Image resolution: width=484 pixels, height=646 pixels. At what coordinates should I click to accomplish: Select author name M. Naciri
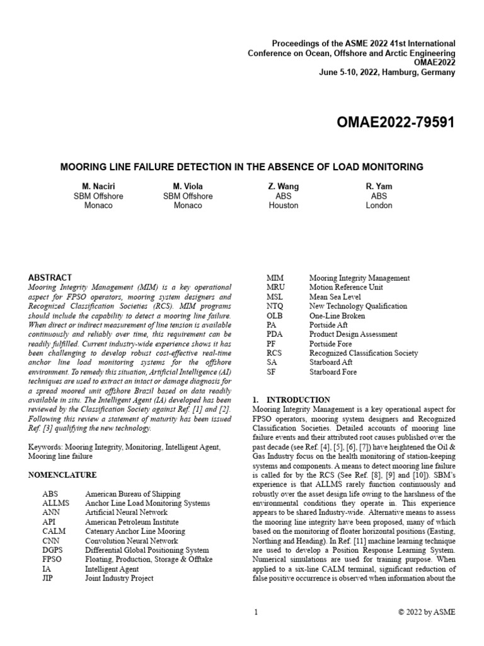(x=98, y=186)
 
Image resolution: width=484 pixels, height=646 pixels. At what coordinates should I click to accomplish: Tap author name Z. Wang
(x=283, y=186)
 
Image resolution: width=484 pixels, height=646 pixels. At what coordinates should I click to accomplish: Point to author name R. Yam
(x=379, y=186)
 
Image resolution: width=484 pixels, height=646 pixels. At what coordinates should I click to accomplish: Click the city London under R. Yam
(x=379, y=205)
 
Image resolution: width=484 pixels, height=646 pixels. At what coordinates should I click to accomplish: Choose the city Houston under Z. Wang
(x=283, y=205)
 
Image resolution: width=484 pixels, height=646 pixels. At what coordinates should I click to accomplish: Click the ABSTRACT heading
(x=50, y=277)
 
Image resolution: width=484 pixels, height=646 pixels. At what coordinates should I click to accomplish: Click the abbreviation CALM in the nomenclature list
(x=53, y=531)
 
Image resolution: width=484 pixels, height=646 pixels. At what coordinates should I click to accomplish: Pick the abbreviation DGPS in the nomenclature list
(x=53, y=550)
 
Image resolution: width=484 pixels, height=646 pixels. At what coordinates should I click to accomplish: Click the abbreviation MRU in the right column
(x=276, y=287)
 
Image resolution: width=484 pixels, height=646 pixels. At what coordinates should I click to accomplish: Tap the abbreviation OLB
(x=275, y=315)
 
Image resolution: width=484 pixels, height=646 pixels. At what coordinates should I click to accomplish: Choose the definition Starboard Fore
(x=333, y=372)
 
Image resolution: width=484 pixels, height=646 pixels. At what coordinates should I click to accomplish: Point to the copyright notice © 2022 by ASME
(x=427, y=612)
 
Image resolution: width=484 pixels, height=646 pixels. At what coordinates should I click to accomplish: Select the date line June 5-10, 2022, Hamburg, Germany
(x=387, y=73)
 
